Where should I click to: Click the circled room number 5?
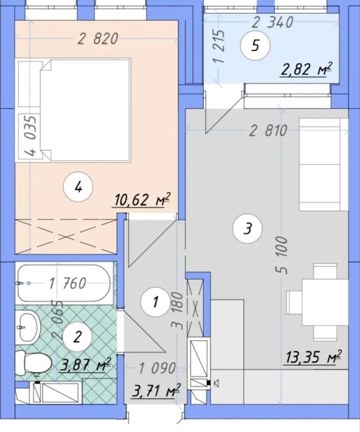click(x=255, y=46)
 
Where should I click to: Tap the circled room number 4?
click(x=78, y=188)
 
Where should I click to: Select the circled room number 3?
click(x=247, y=228)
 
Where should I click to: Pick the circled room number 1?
click(x=156, y=302)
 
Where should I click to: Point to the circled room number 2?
click(x=77, y=336)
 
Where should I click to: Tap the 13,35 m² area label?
click(x=313, y=357)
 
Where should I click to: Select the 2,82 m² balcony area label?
click(x=306, y=69)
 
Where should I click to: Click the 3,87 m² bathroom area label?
click(x=85, y=365)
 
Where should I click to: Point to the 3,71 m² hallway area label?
click(x=156, y=391)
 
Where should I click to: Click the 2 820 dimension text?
click(x=98, y=38)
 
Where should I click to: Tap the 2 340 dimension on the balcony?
click(x=272, y=22)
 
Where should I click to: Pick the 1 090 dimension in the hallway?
click(x=157, y=368)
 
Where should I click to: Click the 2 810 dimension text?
click(x=268, y=131)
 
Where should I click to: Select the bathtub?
click(x=64, y=283)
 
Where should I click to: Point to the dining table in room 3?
click(x=325, y=302)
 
